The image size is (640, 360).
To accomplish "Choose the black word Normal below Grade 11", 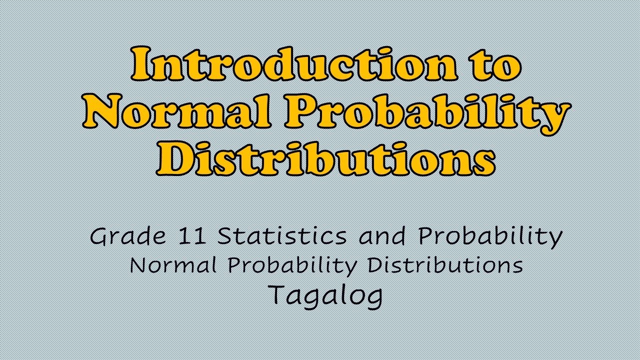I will coord(173,265).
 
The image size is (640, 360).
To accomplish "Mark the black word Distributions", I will coord(445,265).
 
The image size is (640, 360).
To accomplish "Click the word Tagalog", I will coord(326,295).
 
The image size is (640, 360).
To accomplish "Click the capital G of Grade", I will coord(100,236).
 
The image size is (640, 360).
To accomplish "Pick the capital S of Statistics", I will coord(225,236).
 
